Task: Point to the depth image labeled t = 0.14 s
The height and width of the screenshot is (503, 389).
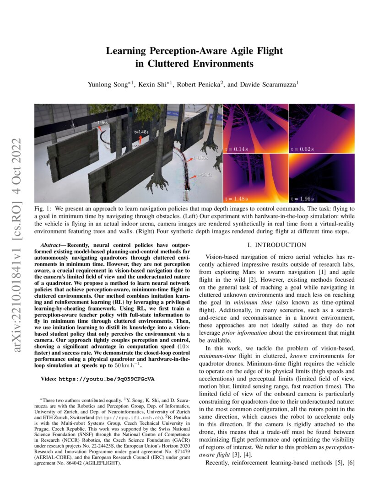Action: click(x=255, y=128)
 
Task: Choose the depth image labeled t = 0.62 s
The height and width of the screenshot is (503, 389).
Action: click(x=322, y=128)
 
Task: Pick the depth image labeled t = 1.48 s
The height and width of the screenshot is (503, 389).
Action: click(x=255, y=177)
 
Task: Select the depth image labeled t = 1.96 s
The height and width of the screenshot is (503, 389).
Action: click(x=322, y=177)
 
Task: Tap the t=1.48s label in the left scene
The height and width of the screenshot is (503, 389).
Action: click(x=141, y=131)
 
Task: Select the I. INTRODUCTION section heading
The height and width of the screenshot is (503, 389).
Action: click(x=276, y=245)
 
